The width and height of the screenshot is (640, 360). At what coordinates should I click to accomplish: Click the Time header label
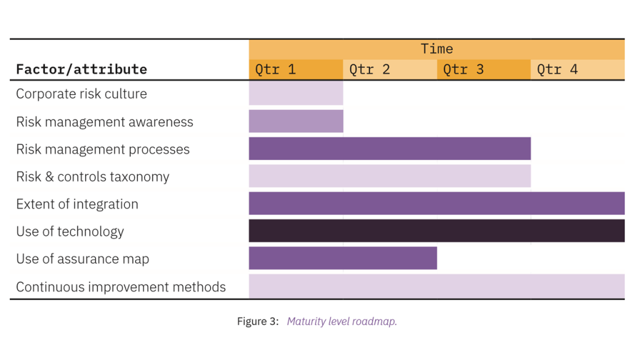[436, 49]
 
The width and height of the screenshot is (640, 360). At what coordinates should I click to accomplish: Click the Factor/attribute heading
[81, 69]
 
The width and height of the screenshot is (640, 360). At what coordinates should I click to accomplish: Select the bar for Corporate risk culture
[296, 94]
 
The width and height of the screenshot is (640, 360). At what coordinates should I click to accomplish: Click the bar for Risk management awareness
[296, 121]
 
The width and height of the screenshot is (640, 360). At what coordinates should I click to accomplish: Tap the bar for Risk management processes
[389, 149]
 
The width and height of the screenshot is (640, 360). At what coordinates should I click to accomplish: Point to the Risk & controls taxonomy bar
[389, 176]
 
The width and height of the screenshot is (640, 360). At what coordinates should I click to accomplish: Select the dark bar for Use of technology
[436, 231]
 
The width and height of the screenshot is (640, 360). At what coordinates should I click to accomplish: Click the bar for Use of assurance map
[342, 258]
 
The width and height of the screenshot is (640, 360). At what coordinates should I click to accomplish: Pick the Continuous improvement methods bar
[436, 286]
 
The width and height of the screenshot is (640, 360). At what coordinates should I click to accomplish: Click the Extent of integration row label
[77, 204]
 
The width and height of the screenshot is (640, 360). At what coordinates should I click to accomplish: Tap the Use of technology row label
[70, 232]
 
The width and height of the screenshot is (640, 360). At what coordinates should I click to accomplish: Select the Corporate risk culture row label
[81, 94]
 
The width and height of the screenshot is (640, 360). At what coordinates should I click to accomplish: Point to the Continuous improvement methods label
[121, 287]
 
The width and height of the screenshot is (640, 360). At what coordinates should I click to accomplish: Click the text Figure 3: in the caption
[257, 322]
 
